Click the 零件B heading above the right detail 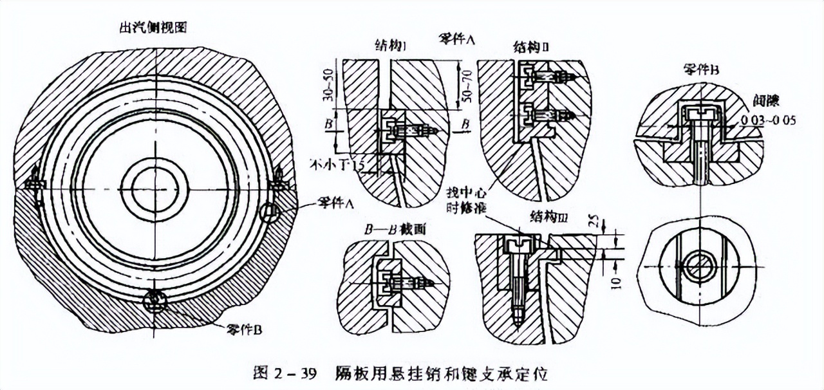(700, 70)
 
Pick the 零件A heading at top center (456, 37)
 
